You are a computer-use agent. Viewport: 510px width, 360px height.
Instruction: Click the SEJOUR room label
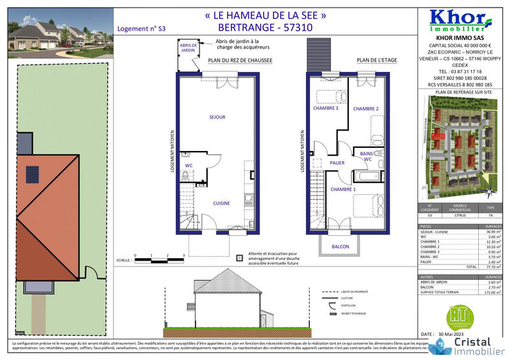[x=217, y=117]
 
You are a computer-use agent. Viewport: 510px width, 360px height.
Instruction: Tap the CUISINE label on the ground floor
[x=221, y=203]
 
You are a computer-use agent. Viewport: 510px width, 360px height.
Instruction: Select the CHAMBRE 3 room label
[x=325, y=108]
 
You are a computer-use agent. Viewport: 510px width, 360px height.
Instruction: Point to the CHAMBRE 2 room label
[x=367, y=108]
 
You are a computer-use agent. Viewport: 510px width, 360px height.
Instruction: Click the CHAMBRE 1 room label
[x=343, y=189]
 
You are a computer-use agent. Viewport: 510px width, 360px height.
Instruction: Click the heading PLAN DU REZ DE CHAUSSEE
[x=240, y=62]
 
